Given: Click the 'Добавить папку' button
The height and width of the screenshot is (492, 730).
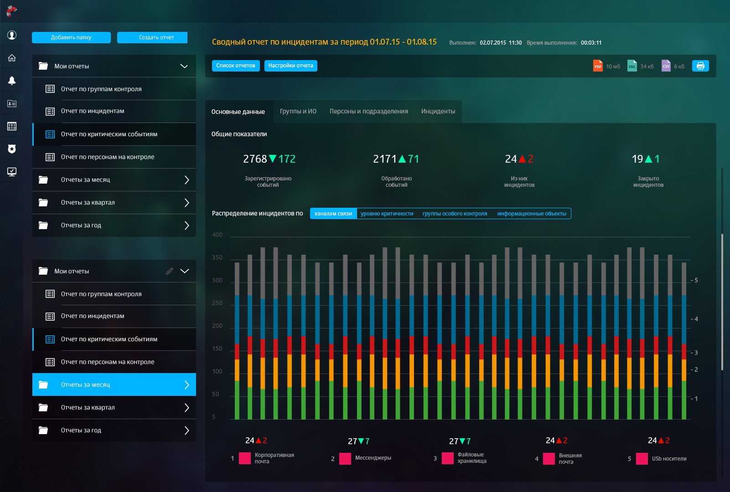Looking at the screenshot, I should pos(71,37).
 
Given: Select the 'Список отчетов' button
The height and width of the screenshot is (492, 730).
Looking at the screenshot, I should pos(236,66).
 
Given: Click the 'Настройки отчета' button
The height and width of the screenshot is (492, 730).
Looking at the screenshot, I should pos(290,66).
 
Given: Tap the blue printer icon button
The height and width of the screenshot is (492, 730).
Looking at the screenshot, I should pos(700,66).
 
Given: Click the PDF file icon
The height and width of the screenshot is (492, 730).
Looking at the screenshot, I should pos(597,66).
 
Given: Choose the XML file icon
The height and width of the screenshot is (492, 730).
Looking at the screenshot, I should pos(632,66).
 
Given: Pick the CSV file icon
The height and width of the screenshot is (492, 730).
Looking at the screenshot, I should pos(666,66).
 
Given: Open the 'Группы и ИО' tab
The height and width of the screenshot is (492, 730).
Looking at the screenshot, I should pos(298,112).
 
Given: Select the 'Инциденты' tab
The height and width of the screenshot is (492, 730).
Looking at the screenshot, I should pos(438,112).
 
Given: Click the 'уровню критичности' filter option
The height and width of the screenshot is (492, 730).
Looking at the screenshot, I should pos(387,214).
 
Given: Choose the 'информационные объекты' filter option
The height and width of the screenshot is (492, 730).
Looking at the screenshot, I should pos(532,214).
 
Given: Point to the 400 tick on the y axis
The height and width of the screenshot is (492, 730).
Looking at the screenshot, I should pos(217,235).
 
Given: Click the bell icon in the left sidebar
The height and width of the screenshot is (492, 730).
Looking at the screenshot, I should pos(12,81).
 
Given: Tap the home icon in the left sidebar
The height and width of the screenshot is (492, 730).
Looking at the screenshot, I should pos(12,58).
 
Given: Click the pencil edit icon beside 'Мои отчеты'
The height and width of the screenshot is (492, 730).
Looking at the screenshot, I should pos(170,271).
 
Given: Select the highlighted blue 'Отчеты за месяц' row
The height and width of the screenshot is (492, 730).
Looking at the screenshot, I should pos(114,384).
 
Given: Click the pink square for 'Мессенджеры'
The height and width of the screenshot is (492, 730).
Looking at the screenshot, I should pos(345,458).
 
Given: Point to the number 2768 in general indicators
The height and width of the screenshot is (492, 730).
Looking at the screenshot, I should pos(255,159).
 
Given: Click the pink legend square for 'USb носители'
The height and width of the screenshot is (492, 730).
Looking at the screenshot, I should pos(642,459).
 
